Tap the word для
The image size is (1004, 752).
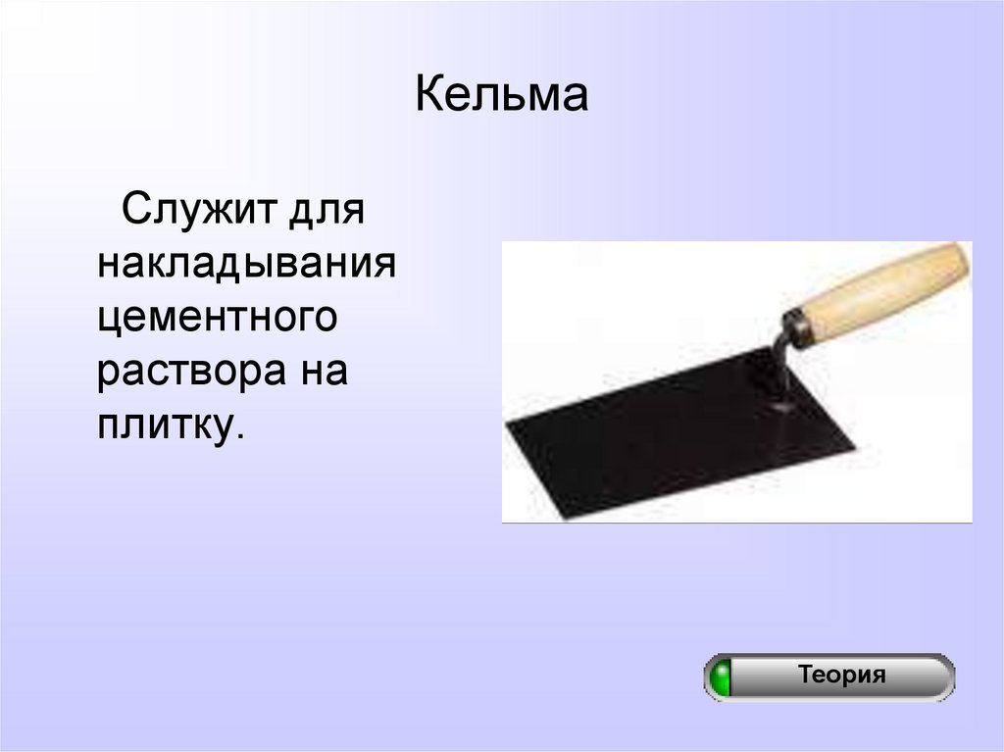[x=326, y=210]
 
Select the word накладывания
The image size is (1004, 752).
[x=246, y=265]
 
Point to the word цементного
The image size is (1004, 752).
[x=217, y=319]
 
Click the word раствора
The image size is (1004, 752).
[x=182, y=374]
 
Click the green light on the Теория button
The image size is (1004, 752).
[x=722, y=677]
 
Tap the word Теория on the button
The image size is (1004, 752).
[x=841, y=675]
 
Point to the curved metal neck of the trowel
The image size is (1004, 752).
[x=778, y=358]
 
